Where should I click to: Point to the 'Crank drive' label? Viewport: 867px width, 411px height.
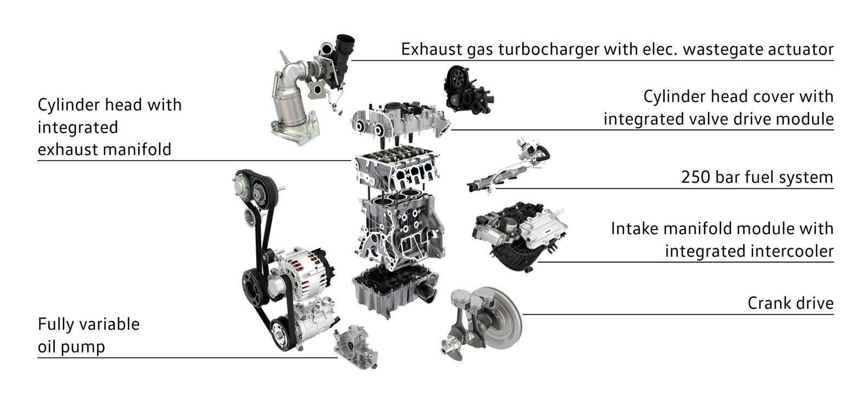791,303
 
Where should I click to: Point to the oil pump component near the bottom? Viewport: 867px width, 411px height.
356,347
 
